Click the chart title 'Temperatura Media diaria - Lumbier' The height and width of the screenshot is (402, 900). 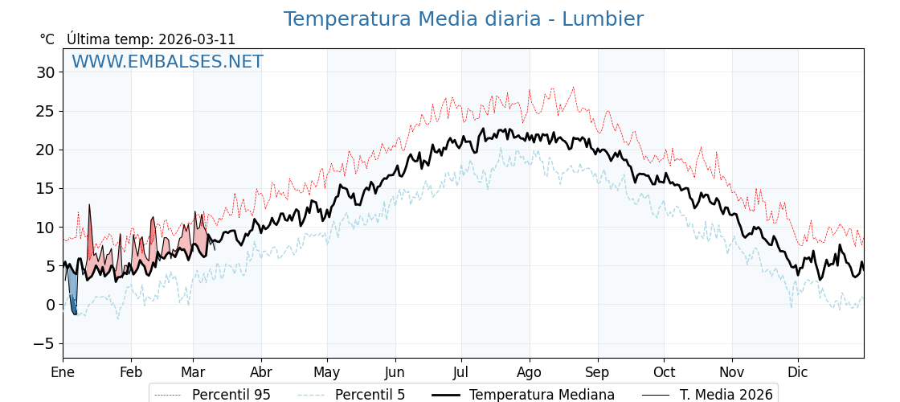click(463, 19)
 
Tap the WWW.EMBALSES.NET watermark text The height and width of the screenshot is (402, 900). click(167, 62)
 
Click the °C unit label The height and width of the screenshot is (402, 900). click(47, 39)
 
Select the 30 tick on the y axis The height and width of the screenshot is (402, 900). click(45, 72)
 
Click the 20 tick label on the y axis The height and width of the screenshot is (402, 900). click(45, 150)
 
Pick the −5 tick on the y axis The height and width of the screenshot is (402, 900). click(42, 343)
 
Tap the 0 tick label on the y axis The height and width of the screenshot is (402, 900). click(50, 305)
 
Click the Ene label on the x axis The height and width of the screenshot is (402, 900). click(63, 372)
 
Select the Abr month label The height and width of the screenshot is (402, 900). click(261, 372)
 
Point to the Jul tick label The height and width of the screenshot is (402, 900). click(461, 372)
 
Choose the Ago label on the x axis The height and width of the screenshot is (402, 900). click(530, 372)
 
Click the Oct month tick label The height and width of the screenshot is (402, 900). click(664, 372)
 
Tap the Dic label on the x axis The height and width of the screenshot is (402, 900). click(798, 372)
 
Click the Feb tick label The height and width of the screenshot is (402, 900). click(131, 372)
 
